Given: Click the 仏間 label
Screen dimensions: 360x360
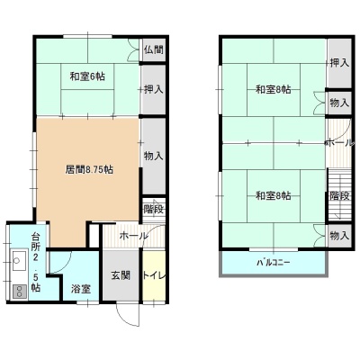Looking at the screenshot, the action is pos(154,49).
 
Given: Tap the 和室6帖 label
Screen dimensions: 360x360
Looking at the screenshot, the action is pos(87,76).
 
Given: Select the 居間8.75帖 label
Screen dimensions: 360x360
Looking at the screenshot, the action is pos(89,170).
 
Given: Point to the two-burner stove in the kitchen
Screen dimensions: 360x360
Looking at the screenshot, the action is pos(19,291).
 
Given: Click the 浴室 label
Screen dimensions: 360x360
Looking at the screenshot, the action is pos(81,289).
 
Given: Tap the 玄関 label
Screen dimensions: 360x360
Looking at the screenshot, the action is pos(121,275).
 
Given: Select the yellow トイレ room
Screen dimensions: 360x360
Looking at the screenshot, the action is pos(154,275).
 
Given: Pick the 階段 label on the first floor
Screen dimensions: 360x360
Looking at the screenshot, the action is pos(154,209).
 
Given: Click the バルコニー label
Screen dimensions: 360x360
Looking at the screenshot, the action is pos(274,263).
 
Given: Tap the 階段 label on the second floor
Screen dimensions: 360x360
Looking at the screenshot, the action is pos(340,196).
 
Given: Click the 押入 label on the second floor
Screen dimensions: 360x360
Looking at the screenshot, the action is pos(339,63).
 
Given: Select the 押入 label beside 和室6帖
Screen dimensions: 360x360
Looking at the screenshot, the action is pos(154,89).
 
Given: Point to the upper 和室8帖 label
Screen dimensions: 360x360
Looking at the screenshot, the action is pos(274,90).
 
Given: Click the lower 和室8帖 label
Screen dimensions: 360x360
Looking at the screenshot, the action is pos(274,196).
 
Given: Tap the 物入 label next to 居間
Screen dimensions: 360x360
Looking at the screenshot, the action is pos(154,156).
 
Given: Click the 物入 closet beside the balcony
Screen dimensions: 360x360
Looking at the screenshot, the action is pos(339,236).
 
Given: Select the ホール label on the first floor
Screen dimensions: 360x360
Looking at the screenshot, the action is pos(134,236).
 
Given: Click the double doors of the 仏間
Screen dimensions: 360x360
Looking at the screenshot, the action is pos(133,50).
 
